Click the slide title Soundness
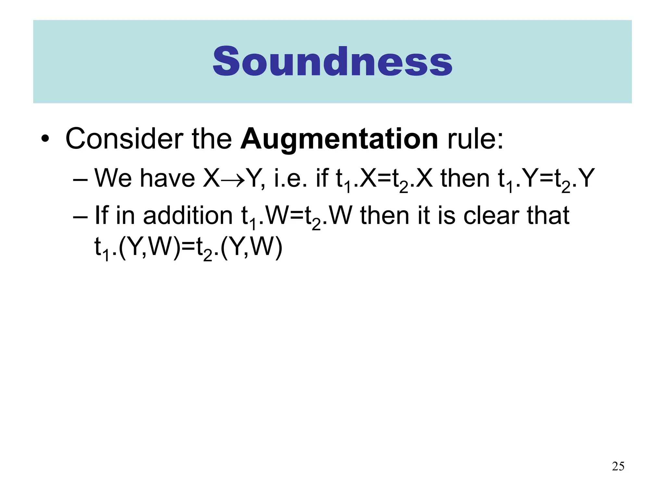point(332,62)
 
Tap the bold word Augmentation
point(339,139)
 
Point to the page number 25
point(618,466)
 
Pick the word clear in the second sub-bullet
point(491,216)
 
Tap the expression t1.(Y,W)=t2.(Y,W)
point(188,248)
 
